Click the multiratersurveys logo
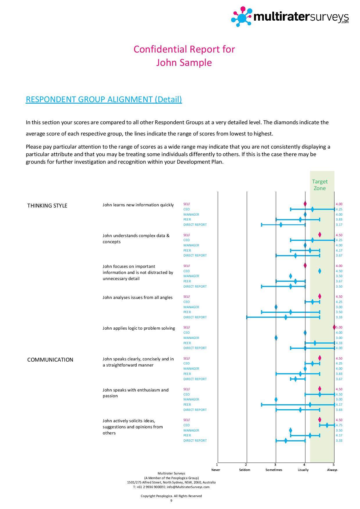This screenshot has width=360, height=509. click(290, 17)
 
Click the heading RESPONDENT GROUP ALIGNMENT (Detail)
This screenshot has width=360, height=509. click(104, 99)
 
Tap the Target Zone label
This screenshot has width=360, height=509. click(320, 185)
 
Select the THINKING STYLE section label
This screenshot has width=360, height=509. click(47, 206)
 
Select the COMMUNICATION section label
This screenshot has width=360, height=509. click(50, 360)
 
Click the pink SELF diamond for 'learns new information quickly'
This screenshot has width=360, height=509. click(305, 204)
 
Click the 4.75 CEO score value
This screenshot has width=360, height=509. click(339, 425)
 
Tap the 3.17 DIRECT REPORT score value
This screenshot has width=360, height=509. click(339, 225)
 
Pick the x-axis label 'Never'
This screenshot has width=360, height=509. click(216, 470)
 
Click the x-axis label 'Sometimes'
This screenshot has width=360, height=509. click(274, 470)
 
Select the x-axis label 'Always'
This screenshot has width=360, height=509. click(332, 470)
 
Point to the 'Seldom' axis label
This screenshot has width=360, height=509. click(245, 470)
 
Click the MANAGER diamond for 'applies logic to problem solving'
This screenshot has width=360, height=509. click(276, 338)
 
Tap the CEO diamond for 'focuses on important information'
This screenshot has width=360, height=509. click(320, 271)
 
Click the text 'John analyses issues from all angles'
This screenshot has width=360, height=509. click(138, 297)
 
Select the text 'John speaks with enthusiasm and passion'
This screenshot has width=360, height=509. click(136, 393)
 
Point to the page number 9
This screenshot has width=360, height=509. click(171, 501)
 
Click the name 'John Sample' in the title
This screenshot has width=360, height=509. click(184, 63)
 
